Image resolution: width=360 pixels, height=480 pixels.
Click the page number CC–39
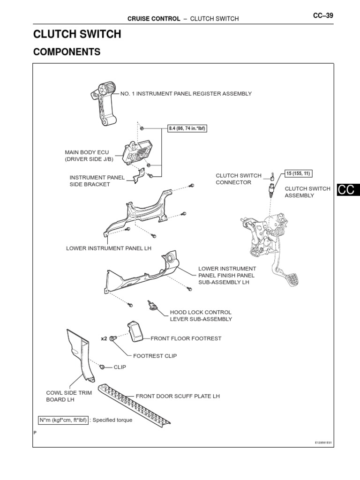(x=323, y=15)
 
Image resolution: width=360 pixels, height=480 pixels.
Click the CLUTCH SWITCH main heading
(x=77, y=34)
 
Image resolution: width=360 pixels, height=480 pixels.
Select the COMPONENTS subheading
(x=67, y=52)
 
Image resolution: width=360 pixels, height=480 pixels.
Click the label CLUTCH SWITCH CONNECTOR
(x=238, y=179)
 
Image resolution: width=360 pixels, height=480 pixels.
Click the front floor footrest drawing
(x=136, y=332)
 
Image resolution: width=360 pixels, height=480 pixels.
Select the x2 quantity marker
(x=104, y=338)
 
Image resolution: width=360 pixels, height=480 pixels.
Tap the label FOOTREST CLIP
(x=155, y=356)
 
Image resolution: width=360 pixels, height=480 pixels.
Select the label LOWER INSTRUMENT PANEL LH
(x=109, y=248)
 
